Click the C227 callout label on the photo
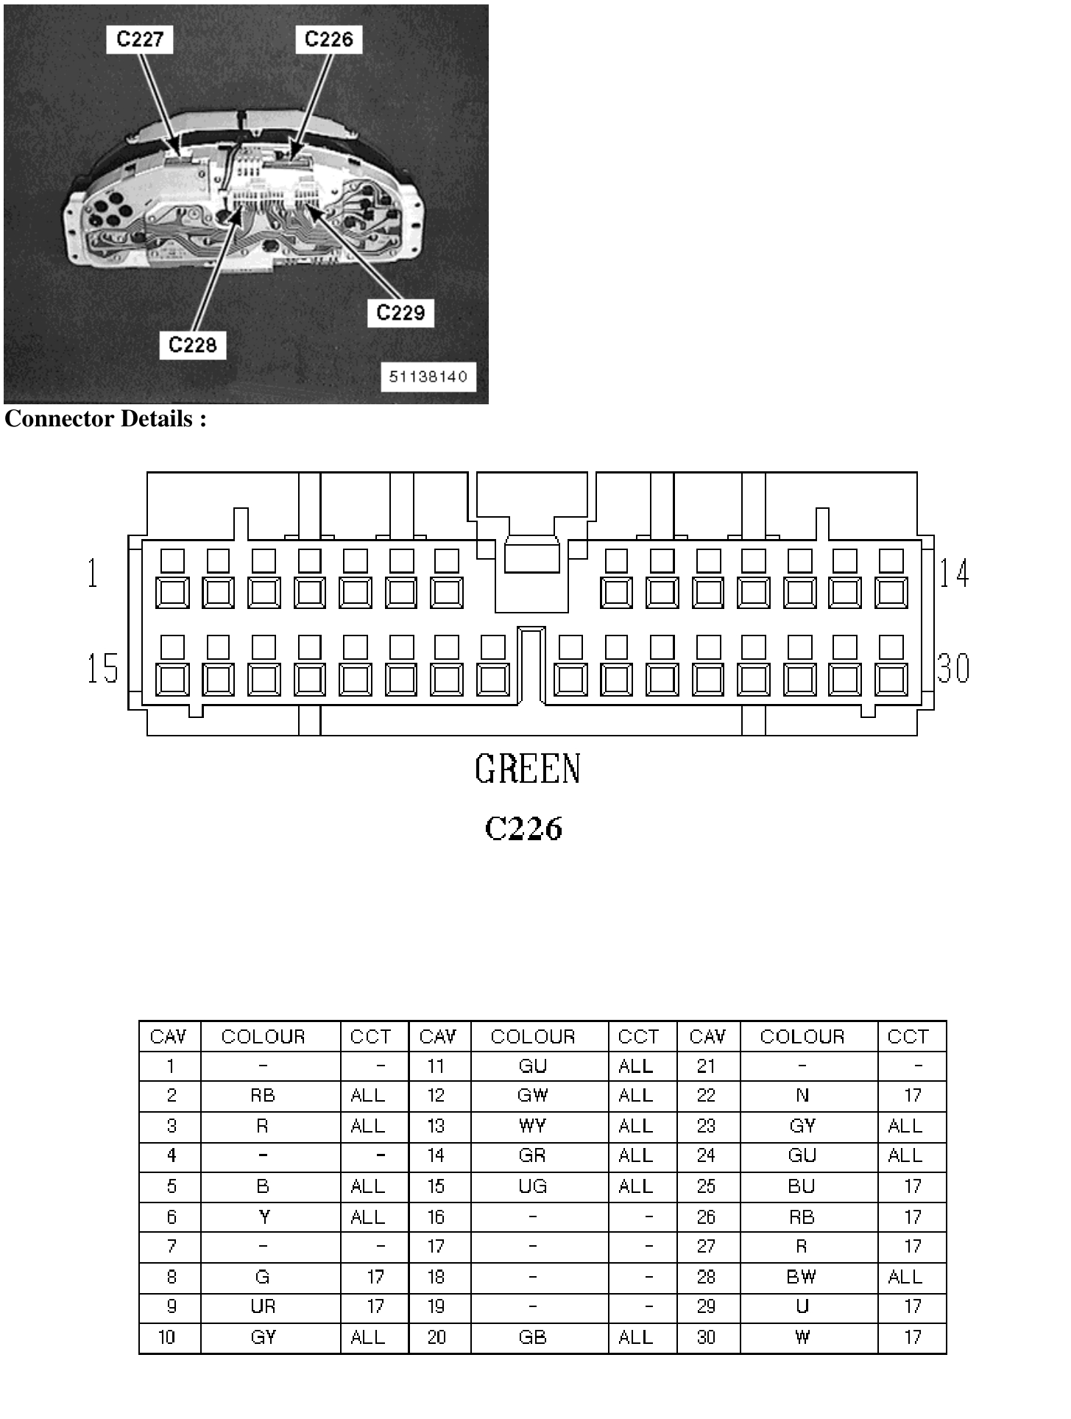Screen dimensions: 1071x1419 (x=140, y=39)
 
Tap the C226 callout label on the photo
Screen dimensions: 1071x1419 (x=328, y=39)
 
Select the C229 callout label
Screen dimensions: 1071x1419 (x=400, y=313)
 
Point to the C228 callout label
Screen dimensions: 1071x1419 (x=193, y=345)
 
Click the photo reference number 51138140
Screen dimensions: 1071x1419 (x=428, y=377)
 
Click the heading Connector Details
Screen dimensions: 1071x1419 (x=105, y=418)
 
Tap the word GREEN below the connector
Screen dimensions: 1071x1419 (x=528, y=769)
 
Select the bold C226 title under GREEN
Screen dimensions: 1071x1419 (x=523, y=828)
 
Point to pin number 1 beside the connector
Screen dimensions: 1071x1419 (x=93, y=573)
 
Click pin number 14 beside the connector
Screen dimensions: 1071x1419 (x=954, y=573)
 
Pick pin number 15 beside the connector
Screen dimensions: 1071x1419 (x=103, y=668)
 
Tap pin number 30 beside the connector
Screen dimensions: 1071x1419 (x=954, y=668)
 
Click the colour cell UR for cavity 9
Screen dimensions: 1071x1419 (x=263, y=1306)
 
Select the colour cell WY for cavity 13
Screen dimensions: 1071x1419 (x=532, y=1126)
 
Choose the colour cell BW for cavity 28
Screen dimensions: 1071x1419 (x=802, y=1277)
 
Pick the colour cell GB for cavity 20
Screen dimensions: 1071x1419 (x=532, y=1337)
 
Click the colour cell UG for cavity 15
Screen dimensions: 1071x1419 (x=532, y=1186)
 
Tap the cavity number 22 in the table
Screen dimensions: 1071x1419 (x=706, y=1096)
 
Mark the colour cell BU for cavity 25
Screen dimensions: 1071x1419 (x=802, y=1186)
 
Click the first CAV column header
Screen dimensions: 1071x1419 (x=169, y=1037)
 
